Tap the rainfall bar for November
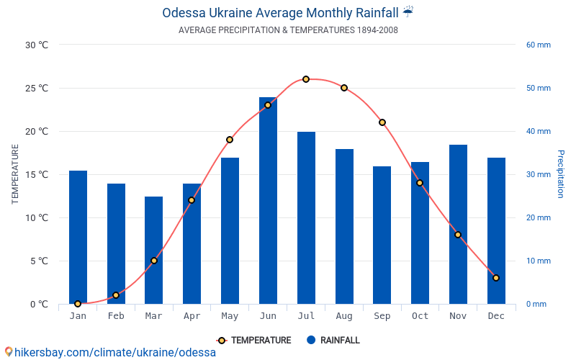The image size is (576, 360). pyautogui.click(x=458, y=224)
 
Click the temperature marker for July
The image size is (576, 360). pyautogui.click(x=306, y=79)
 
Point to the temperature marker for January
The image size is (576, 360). pyautogui.click(x=78, y=304)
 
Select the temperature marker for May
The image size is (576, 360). pyautogui.click(x=230, y=140)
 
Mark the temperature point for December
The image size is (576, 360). pyautogui.click(x=496, y=278)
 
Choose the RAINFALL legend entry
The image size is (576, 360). pyautogui.click(x=333, y=341)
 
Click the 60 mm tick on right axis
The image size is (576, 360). pyautogui.click(x=538, y=45)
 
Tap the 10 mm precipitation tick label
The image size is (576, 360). pyautogui.click(x=538, y=261)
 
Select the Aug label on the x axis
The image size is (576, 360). pyautogui.click(x=344, y=316)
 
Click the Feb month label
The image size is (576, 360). pyautogui.click(x=116, y=316)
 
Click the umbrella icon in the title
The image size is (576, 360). pyautogui.click(x=408, y=12)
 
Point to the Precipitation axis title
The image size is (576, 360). pyautogui.click(x=561, y=174)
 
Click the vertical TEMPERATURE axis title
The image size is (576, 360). pyautogui.click(x=15, y=174)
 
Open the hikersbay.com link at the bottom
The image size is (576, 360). pyautogui.click(x=109, y=352)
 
